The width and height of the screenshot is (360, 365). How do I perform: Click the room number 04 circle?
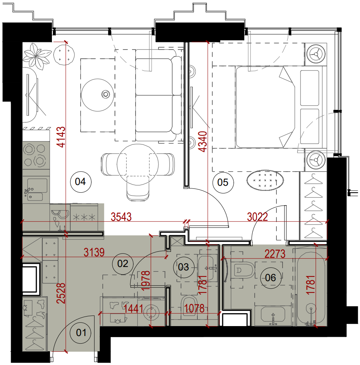click(x=81, y=182)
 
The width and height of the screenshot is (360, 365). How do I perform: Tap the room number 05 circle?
click(x=223, y=182)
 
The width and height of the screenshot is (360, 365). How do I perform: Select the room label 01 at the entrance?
click(x=81, y=333)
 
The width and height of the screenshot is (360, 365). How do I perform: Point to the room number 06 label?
click(x=270, y=278)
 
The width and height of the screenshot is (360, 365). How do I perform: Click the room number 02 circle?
click(x=123, y=264)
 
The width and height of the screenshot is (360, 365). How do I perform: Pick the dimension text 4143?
click(x=61, y=137)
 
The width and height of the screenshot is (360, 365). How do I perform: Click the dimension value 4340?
click(x=202, y=141)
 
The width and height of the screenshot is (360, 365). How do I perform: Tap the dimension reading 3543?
click(x=121, y=217)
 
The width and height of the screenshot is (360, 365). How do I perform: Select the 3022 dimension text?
click(x=257, y=217)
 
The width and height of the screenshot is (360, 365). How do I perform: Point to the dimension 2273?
click(x=275, y=254)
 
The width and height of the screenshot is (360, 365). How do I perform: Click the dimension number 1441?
click(x=134, y=309)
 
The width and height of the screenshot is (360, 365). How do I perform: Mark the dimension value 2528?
click(x=61, y=293)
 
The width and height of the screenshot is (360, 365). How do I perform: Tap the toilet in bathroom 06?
click(x=243, y=270)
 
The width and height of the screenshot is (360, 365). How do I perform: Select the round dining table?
click(x=138, y=164)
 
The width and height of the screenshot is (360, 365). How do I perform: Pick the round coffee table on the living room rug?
click(x=98, y=95)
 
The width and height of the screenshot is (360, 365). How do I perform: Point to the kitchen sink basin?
click(x=37, y=185)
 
